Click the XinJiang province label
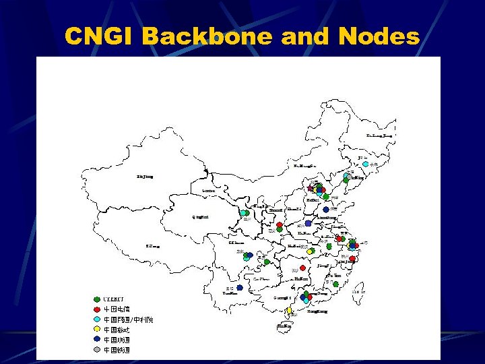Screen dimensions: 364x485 [x=145, y=177]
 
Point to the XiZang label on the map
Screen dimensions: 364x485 [x=153, y=246]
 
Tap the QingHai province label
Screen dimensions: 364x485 [x=201, y=217]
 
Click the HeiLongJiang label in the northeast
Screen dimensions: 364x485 [x=379, y=135]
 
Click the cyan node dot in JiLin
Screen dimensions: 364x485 [x=365, y=164]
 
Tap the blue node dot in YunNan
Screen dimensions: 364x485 [x=240, y=288]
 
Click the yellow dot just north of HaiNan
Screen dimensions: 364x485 [x=290, y=311]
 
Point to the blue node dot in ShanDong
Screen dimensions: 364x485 [x=326, y=210]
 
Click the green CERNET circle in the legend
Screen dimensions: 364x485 [x=97, y=299]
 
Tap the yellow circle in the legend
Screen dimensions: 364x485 [x=97, y=330]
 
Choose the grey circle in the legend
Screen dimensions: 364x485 [x=97, y=350]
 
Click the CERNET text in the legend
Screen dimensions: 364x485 [x=114, y=299]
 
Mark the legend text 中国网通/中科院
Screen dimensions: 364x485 [x=128, y=320]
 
